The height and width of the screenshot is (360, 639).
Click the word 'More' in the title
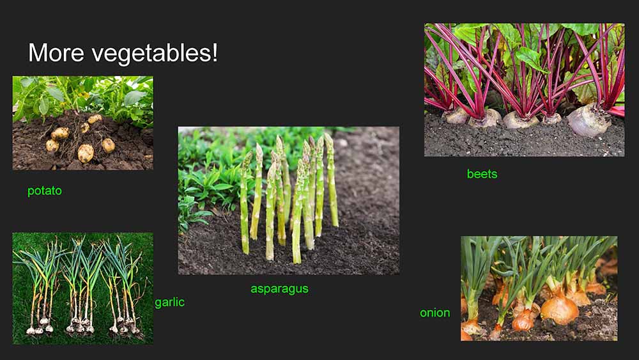[56, 52]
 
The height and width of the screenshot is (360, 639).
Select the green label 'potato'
[45, 191]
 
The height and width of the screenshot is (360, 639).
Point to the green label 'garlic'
[169, 302]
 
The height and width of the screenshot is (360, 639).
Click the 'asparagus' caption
[280, 289]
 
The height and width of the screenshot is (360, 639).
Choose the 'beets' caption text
[482, 174]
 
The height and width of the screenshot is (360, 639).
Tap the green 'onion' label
[435, 313]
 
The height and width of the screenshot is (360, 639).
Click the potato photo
[82, 123]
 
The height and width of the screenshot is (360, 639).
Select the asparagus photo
[289, 200]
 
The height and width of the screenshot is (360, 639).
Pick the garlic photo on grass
[82, 288]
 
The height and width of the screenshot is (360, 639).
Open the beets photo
[524, 90]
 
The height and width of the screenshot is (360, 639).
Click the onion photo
[539, 288]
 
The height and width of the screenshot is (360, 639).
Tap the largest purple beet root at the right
[589, 119]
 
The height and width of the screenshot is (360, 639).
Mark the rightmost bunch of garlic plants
[122, 288]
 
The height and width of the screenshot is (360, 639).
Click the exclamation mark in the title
[215, 52]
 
